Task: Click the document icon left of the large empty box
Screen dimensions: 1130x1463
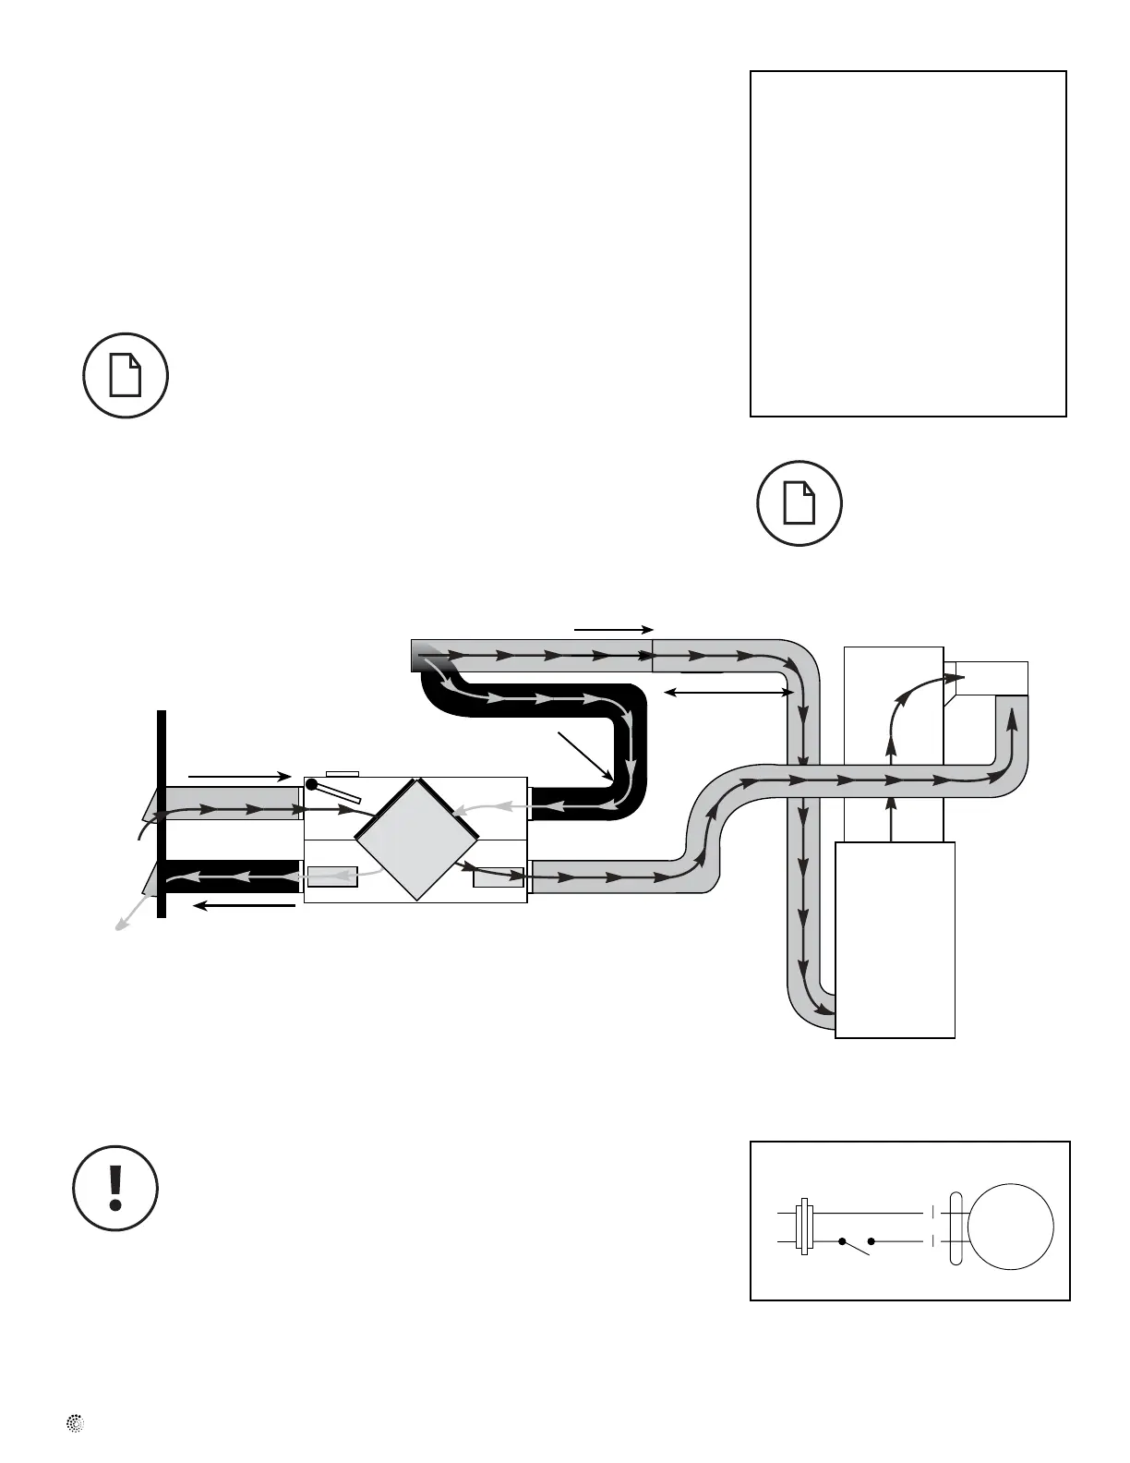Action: [x=126, y=375]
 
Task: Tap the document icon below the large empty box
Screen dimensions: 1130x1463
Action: [x=799, y=503]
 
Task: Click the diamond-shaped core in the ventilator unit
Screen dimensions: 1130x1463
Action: [x=416, y=839]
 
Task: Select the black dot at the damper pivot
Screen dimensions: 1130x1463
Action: [x=312, y=785]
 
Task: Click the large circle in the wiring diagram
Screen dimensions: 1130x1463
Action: [x=1010, y=1226]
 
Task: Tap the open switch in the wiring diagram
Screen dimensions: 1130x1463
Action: [x=857, y=1245]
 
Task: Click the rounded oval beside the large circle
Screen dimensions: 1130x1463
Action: [x=956, y=1227]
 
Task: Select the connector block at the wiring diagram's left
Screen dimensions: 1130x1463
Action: [x=805, y=1226]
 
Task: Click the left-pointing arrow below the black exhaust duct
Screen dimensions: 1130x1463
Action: [x=245, y=906]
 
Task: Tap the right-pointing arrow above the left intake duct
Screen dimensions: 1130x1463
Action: [x=239, y=776]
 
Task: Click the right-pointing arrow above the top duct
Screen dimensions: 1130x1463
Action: [x=614, y=629]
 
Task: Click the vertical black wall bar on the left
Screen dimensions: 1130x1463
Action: [x=162, y=814]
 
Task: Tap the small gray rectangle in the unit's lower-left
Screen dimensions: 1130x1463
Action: [x=332, y=877]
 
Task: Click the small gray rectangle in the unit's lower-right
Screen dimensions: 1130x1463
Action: [x=498, y=877]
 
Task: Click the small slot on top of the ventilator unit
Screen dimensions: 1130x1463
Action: [x=343, y=772]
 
